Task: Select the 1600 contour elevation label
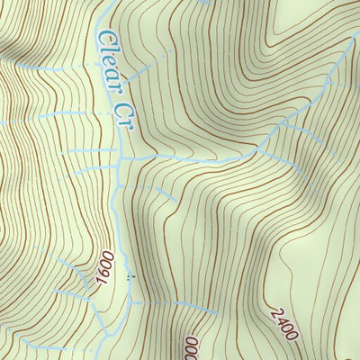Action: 105,268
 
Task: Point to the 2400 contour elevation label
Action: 282,322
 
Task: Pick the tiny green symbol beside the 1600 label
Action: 129,278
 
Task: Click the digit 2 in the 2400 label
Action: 272,309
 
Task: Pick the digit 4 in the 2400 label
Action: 278,318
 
